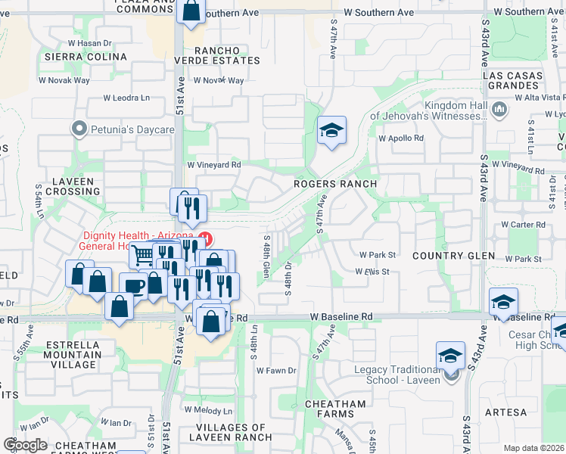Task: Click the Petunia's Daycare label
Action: click(133, 129)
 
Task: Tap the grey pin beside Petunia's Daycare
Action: click(79, 129)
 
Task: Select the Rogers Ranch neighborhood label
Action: click(335, 184)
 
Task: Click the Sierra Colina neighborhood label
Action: click(86, 57)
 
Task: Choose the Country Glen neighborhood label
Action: click(453, 256)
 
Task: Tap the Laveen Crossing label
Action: click(73, 186)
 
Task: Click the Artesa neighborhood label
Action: click(505, 412)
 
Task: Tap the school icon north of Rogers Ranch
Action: click(331, 131)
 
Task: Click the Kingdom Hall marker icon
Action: click(499, 110)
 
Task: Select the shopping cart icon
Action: click(143, 254)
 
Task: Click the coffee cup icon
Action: click(134, 286)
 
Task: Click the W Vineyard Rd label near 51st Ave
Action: click(214, 164)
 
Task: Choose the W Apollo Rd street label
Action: click(401, 138)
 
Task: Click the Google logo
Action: click(26, 445)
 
